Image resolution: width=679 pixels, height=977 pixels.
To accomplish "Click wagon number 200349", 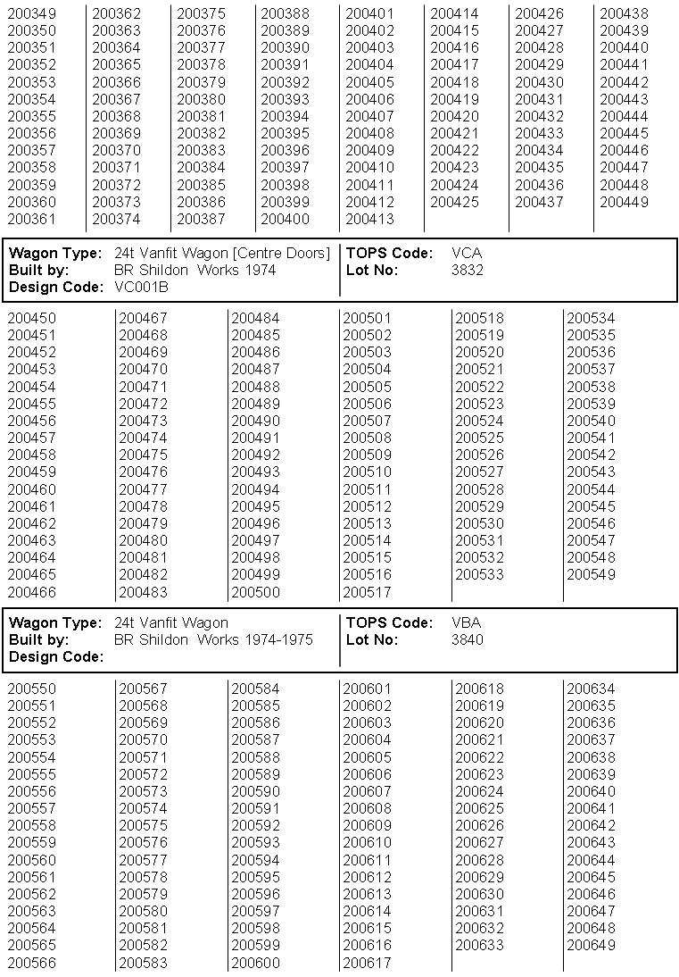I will tap(31, 13).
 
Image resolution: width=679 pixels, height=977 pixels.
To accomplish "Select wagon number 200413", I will tap(369, 219).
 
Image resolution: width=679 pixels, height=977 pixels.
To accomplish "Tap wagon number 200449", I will tap(624, 202).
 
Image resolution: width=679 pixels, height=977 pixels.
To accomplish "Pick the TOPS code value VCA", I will tap(467, 253).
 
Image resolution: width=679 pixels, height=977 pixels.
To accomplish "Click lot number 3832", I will tap(467, 270).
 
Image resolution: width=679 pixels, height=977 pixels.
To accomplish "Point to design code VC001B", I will tap(141, 287).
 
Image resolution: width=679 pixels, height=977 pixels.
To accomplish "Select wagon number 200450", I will tap(31, 318).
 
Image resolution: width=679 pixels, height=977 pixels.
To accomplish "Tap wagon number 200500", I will tap(255, 592).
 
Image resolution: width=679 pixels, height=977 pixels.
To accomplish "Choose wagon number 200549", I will tap(591, 574).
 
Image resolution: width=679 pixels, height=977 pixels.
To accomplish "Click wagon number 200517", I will tap(367, 592).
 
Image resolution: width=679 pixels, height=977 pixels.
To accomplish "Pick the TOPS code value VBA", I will tap(467, 622).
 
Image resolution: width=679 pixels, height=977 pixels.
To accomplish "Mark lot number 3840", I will tap(467, 639).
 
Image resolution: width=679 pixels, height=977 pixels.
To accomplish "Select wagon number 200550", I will tap(31, 689).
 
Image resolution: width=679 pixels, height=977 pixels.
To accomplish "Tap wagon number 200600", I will tap(255, 963).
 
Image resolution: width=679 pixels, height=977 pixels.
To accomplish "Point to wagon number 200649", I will tap(591, 945).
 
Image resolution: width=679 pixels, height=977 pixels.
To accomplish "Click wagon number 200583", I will tap(143, 963).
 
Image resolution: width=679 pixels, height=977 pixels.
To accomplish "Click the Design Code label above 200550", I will tap(56, 656).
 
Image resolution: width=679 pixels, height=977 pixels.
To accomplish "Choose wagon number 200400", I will tap(285, 219).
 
